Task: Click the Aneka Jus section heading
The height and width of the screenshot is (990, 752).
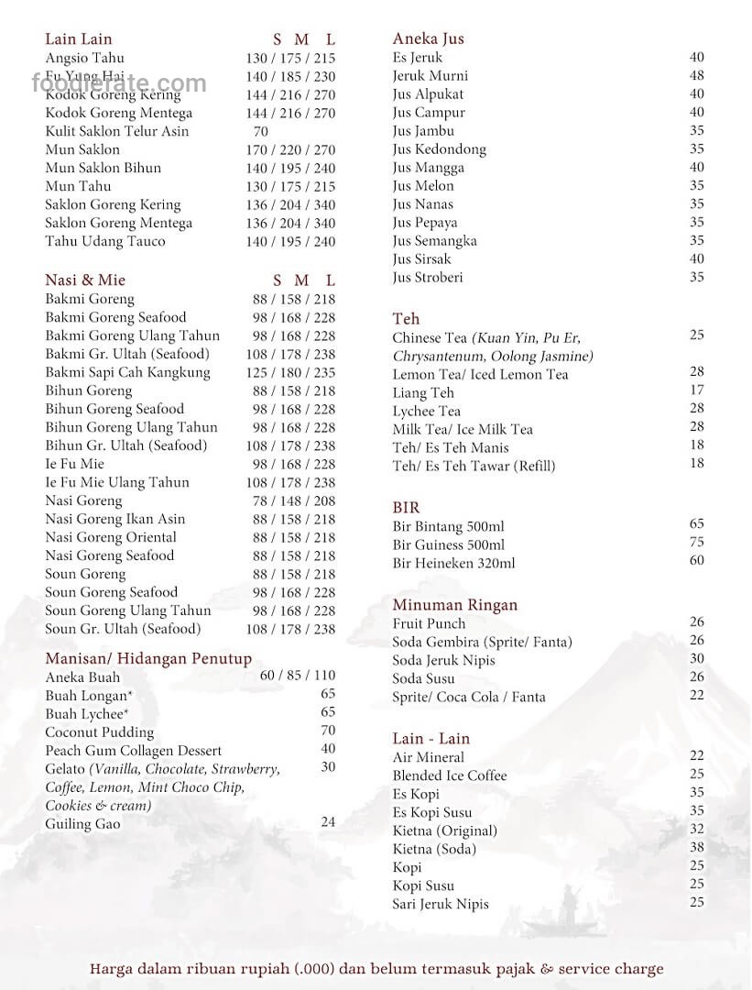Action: pyautogui.click(x=428, y=38)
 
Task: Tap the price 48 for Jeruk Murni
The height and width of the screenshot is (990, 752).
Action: pyautogui.click(x=696, y=75)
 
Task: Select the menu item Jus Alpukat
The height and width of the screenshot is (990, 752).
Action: pyautogui.click(x=428, y=94)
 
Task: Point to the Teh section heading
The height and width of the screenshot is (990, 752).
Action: pyautogui.click(x=406, y=319)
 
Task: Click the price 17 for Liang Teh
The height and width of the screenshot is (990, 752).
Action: pyautogui.click(x=696, y=390)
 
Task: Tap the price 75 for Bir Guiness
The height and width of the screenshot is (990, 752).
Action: pyautogui.click(x=696, y=542)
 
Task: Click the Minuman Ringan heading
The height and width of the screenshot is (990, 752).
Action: pyautogui.click(x=455, y=605)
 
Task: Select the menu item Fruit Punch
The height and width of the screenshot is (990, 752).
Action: pyautogui.click(x=429, y=624)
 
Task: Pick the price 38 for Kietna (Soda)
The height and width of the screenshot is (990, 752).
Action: pyautogui.click(x=696, y=848)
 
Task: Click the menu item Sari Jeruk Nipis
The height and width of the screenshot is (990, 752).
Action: pyautogui.click(x=441, y=905)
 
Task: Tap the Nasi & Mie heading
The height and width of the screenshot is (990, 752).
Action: pyautogui.click(x=85, y=280)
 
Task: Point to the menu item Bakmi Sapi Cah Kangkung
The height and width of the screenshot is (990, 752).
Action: pyautogui.click(x=127, y=373)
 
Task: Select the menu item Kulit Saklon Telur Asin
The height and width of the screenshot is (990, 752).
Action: pyautogui.click(x=117, y=131)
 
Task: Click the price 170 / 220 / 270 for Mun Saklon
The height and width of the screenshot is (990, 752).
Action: pyautogui.click(x=290, y=149)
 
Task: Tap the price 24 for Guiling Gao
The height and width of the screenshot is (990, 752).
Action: pyautogui.click(x=328, y=821)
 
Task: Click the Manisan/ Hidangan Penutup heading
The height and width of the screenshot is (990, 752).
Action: pyautogui.click(x=148, y=659)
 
